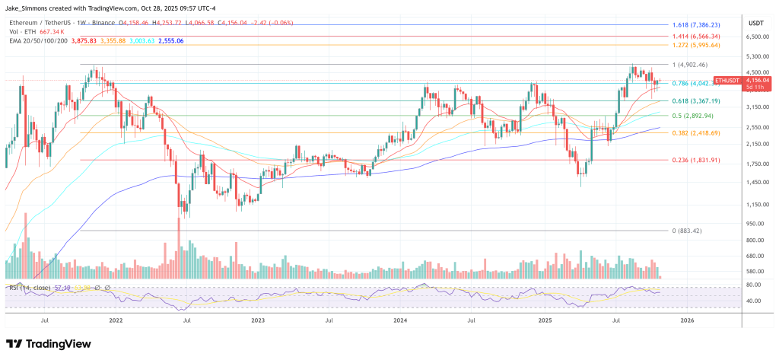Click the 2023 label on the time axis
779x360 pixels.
click(x=260, y=320)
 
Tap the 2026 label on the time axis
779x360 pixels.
click(x=685, y=320)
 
